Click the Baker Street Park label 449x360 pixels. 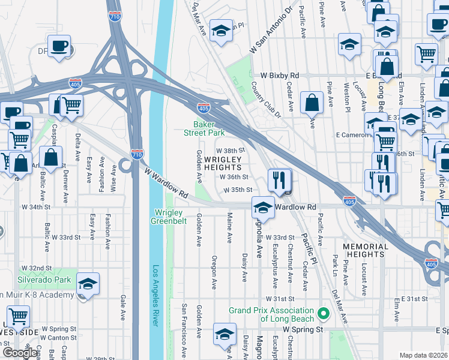tap(203, 128)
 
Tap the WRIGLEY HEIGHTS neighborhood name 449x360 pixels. tap(223, 164)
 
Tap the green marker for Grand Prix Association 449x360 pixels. tap(324, 314)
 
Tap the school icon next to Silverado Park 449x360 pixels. tap(88, 284)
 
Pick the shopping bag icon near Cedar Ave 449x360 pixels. tap(312, 103)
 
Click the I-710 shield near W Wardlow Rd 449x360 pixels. tap(137, 154)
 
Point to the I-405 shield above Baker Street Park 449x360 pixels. tap(203, 108)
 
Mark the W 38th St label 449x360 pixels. tap(231, 151)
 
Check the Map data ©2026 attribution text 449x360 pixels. tap(423, 355)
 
